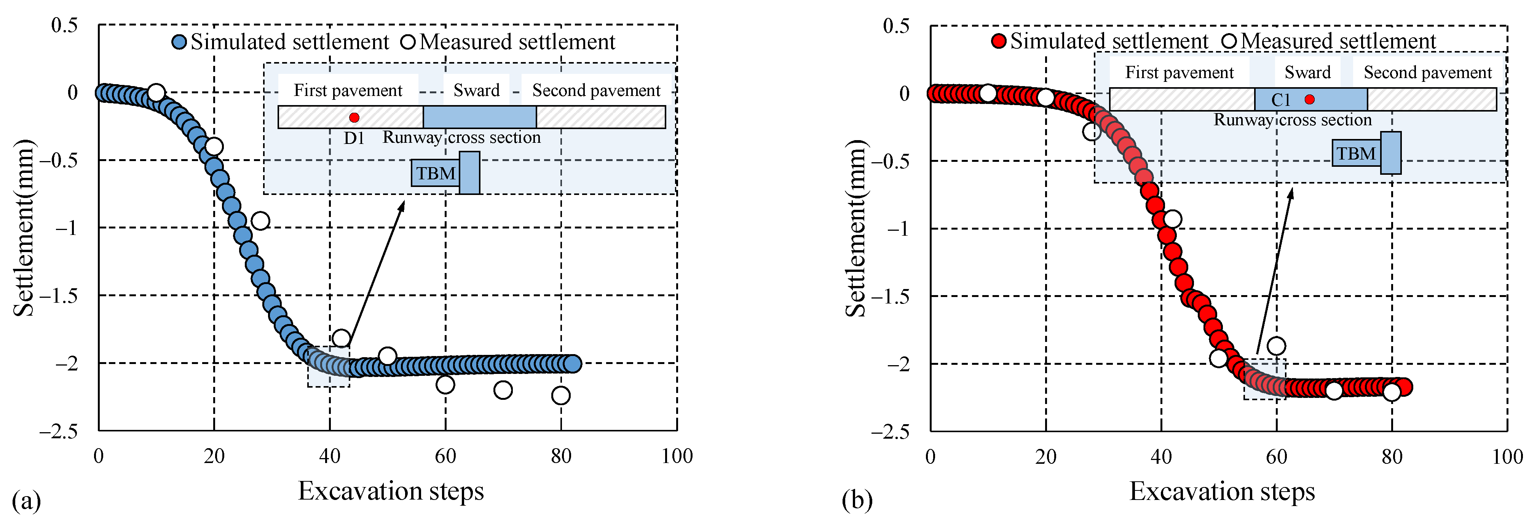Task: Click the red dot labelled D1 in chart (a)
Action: tap(354, 118)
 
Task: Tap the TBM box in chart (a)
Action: tap(436, 174)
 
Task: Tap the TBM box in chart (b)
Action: tap(1356, 154)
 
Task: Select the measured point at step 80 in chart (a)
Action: tap(560, 395)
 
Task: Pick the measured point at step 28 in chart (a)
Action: tap(260, 221)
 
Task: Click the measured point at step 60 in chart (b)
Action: tap(1276, 345)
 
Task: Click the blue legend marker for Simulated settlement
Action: tap(179, 42)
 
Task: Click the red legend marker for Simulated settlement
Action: tap(998, 41)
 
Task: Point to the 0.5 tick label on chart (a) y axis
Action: tap(64, 25)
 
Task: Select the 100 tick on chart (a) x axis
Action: tap(677, 456)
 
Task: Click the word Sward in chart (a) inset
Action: tap(476, 90)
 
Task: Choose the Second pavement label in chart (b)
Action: tap(1427, 73)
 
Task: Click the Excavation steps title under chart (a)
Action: tap(391, 491)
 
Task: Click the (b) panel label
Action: tap(857, 500)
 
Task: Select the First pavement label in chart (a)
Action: tap(348, 90)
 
